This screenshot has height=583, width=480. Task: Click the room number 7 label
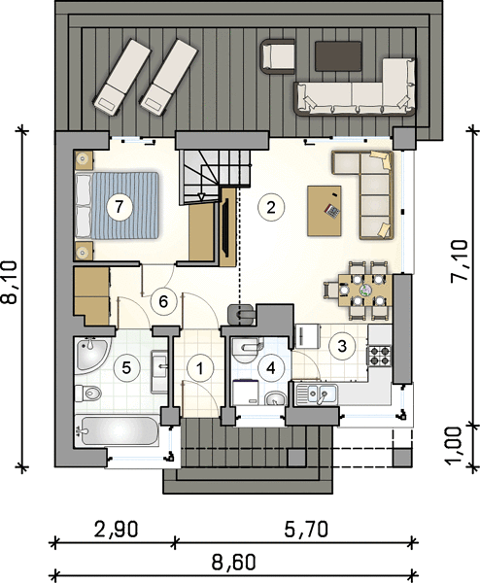119,206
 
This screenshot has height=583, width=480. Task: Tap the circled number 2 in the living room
271,207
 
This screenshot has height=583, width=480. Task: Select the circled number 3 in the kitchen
342,346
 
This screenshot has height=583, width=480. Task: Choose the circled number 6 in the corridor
163,301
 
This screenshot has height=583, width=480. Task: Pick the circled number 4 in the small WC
271,368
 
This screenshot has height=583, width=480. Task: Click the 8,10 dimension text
10,283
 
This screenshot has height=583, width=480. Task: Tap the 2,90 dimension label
116,530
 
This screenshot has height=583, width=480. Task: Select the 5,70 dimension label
306,530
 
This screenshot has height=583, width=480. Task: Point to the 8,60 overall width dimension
234,563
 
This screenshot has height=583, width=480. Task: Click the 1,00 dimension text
455,446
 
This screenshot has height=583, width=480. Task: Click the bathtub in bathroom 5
118,430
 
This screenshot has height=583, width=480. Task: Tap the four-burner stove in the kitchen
379,356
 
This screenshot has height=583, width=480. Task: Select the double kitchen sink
317,394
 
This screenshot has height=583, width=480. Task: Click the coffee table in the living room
325,211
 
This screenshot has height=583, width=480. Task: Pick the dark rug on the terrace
338,56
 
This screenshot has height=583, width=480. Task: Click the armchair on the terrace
278,55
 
